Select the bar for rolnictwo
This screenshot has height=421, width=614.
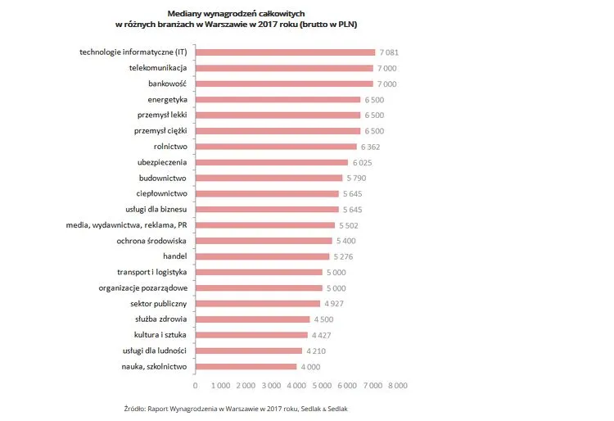[276, 147]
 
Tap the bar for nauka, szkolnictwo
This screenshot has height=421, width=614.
[246, 366]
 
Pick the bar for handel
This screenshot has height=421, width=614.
[262, 256]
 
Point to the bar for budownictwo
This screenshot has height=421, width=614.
[269, 178]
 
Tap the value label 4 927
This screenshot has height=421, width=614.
[332, 304]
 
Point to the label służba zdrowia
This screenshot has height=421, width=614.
[161, 319]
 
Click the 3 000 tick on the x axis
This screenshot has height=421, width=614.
[271, 384]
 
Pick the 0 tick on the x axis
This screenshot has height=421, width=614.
[195, 384]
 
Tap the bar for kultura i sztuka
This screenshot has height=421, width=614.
[251, 335]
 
